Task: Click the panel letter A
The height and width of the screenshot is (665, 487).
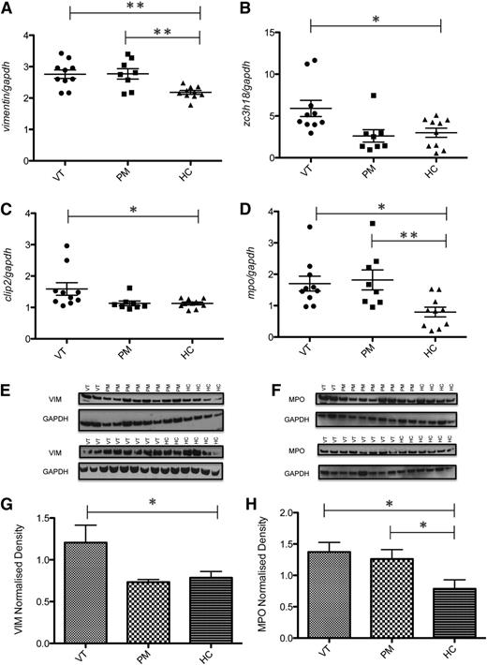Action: (7, 8)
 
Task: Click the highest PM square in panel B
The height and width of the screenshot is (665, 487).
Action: (373, 96)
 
